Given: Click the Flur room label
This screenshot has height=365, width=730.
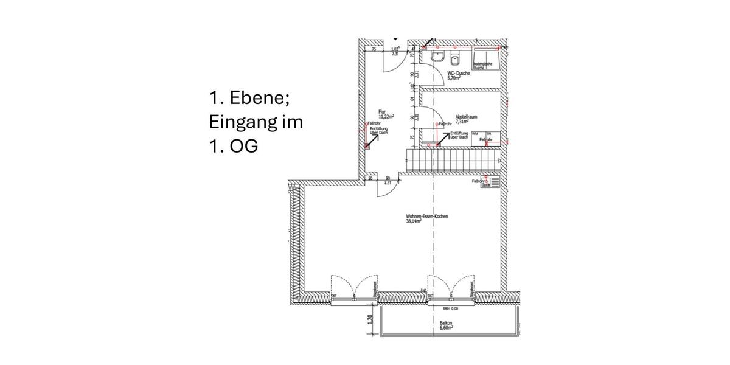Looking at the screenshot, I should pos(382,112).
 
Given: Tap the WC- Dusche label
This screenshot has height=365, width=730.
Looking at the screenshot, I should pos(458,73).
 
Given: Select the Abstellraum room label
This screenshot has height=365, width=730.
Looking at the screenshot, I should pos(467,116).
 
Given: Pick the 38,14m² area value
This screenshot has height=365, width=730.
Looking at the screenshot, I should pos(414,222).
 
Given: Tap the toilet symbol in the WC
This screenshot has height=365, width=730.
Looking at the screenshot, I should pos(454,58).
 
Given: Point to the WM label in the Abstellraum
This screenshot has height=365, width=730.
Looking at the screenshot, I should pos(474,133).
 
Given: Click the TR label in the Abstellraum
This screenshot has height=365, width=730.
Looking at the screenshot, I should pos(488,133).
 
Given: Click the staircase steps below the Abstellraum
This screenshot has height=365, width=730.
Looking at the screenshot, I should pos(453,161).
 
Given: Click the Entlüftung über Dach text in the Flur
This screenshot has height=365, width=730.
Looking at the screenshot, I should pos(379,131).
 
